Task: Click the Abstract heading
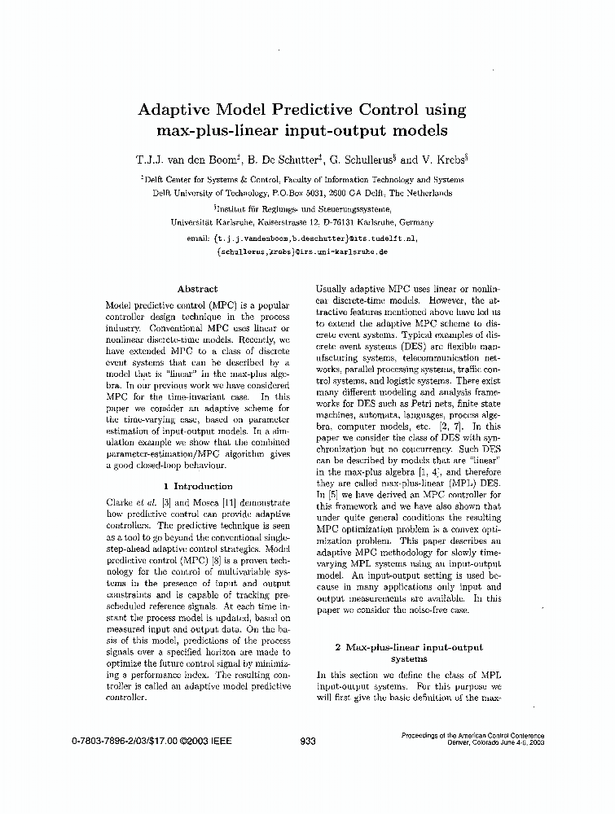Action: click(x=197, y=289)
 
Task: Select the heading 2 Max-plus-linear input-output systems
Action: click(x=408, y=653)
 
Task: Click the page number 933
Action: click(x=308, y=741)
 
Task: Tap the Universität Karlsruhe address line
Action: click(x=302, y=221)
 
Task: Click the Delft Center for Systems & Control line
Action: click(x=302, y=179)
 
